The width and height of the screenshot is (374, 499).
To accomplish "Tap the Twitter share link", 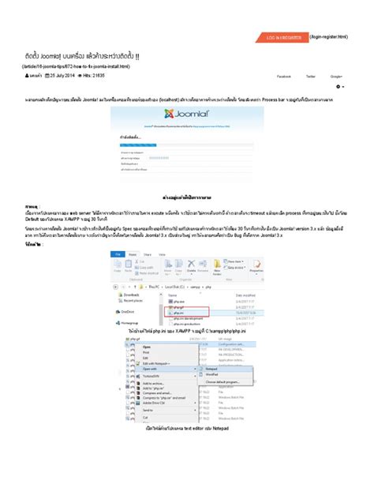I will point(311,77).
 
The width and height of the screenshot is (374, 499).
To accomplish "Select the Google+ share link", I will point(337,77).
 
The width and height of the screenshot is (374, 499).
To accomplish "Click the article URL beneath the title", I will point(76,67).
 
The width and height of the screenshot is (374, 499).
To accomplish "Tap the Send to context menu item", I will point(148,411).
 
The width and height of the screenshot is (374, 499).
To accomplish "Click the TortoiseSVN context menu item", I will point(152,376).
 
